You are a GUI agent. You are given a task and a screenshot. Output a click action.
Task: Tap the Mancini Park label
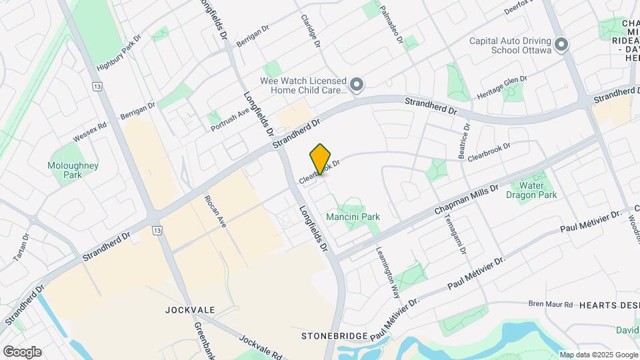point(353,217)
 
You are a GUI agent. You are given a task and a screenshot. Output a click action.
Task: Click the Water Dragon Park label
point(531,191)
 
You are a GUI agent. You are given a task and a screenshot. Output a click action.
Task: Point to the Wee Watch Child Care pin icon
point(357,85)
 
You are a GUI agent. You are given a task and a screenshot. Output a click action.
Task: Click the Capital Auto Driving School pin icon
point(561,45)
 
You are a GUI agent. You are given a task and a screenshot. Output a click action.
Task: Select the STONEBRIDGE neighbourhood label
point(331,335)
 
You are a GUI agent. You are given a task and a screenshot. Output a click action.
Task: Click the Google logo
point(21,352)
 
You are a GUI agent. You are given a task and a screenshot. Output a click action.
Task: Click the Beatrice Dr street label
point(465,141)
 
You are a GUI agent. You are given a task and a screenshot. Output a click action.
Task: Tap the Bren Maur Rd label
point(551,304)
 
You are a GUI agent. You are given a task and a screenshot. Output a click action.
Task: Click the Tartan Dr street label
point(21,247)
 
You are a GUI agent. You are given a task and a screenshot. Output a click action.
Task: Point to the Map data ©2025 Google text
point(599,355)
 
